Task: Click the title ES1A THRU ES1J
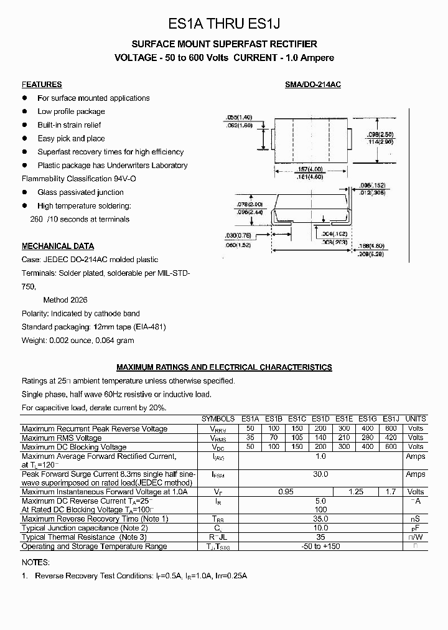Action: pyautogui.click(x=225, y=24)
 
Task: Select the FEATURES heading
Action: pyautogui.click(x=42, y=85)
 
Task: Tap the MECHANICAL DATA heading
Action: pyautogui.click(x=58, y=246)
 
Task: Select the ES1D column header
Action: pyautogui.click(x=320, y=419)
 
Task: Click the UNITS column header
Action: pyautogui.click(x=416, y=419)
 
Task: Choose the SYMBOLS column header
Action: pyautogui.click(x=218, y=419)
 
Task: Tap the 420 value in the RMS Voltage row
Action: pyautogui.click(x=390, y=438)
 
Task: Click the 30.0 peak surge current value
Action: pyautogui.click(x=320, y=474)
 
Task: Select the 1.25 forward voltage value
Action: pyautogui.click(x=356, y=492)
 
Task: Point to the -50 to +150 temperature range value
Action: pyautogui.click(x=320, y=546)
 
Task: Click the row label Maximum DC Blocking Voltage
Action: pyautogui.click(x=74, y=447)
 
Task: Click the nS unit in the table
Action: pyautogui.click(x=416, y=519)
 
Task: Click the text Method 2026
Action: pyautogui.click(x=65, y=300)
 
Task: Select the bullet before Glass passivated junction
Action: pyautogui.click(x=26, y=192)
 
